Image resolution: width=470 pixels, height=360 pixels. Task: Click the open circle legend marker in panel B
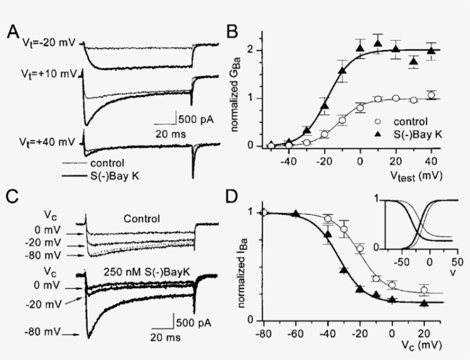click(x=377, y=122)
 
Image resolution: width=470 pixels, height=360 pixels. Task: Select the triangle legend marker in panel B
click(x=377, y=135)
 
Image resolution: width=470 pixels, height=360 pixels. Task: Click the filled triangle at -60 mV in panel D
click(x=296, y=214)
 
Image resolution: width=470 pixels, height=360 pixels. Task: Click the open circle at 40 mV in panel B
click(x=430, y=95)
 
